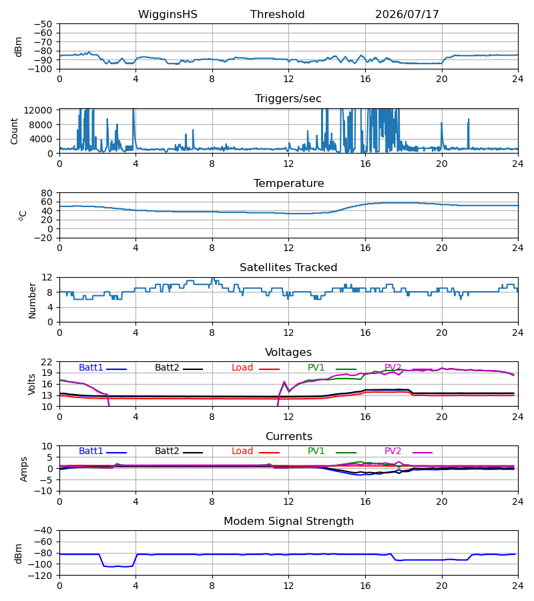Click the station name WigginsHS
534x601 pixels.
168,15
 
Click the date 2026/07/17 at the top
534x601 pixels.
407,15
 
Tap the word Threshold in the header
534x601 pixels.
277,15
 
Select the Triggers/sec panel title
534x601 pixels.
288,99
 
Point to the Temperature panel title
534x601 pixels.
288,183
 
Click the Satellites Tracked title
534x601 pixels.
288,268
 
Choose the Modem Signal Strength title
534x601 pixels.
288,522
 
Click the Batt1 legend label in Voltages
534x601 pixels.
91,367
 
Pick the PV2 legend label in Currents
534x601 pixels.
392,451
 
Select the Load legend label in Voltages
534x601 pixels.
242,367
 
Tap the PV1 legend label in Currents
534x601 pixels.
316,451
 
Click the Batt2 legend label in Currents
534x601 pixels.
167,451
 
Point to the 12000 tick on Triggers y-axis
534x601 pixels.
37,110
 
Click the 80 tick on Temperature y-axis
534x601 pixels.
47,193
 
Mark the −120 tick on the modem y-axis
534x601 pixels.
43,576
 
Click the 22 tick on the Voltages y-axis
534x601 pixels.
47,362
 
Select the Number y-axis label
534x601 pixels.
32,301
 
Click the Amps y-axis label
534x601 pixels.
23,469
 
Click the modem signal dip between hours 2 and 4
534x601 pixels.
117,566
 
